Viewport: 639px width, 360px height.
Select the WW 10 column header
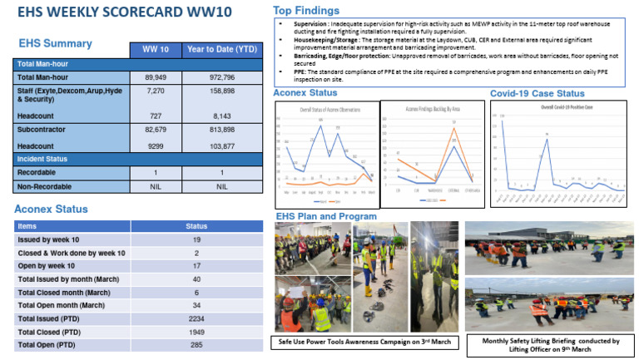pyautogui.click(x=156, y=50)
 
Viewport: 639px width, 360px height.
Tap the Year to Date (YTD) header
pyautogui.click(x=221, y=50)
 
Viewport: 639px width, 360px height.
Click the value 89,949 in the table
pyautogui.click(x=156, y=76)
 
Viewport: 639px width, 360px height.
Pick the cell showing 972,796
pyautogui.click(x=221, y=76)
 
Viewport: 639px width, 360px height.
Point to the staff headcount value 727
pyautogui.click(x=156, y=116)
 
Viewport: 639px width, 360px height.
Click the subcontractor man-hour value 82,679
pyautogui.click(x=156, y=131)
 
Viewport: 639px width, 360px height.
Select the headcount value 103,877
pyautogui.click(x=221, y=145)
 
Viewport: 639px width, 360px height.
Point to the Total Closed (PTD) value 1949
pyautogui.click(x=196, y=330)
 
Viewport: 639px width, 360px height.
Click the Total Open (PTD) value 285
pyautogui.click(x=196, y=343)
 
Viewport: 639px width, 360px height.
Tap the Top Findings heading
pyautogui.click(x=306, y=11)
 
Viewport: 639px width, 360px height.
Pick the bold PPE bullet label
pyautogui.click(x=288, y=72)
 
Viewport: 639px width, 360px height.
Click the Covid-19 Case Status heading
pyautogui.click(x=537, y=93)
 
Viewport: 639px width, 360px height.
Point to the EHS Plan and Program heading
pyautogui.click(x=325, y=216)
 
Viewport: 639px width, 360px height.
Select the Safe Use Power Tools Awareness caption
pyautogui.click(x=363, y=342)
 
